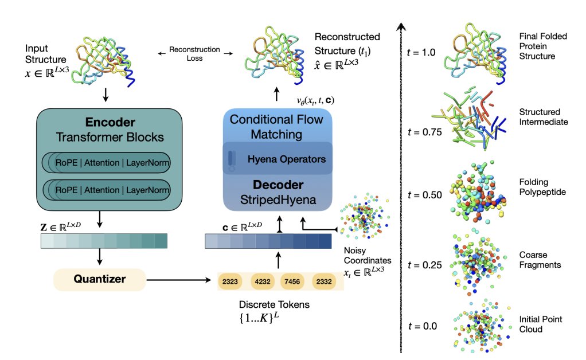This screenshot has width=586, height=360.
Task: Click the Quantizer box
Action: [99, 279]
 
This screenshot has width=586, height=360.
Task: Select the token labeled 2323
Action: [230, 281]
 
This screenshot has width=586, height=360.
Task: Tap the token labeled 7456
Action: [292, 281]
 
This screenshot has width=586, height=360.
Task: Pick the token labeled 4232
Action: [263, 281]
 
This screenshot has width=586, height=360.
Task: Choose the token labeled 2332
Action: [323, 281]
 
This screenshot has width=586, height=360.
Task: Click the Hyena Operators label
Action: [287, 159]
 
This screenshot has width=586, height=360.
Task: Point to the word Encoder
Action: [110, 122]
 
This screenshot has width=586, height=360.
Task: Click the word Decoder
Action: [278, 185]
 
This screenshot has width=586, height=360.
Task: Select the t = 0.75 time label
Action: [424, 132]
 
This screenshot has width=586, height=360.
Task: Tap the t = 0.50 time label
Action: [424, 195]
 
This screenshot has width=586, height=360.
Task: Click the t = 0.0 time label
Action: [423, 326]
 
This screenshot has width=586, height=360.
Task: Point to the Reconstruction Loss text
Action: [194, 54]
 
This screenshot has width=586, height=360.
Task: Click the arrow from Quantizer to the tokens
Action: [179, 280]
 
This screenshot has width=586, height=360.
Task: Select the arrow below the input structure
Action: [106, 95]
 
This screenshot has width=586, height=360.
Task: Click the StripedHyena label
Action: [278, 200]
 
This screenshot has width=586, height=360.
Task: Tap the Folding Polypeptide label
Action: [542, 187]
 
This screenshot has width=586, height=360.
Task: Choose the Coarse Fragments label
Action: [540, 260]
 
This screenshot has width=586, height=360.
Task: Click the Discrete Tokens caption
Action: [274, 304]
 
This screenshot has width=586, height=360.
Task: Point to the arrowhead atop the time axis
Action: [401, 26]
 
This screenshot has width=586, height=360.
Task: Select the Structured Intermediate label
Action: [544, 117]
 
